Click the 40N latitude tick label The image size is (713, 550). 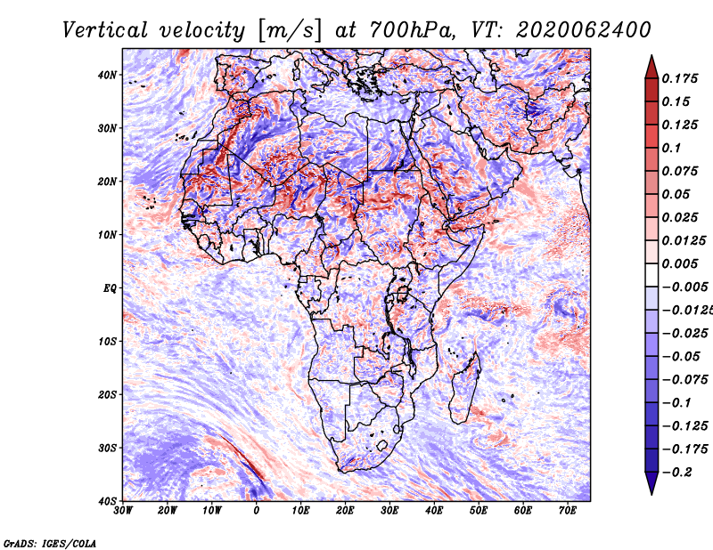tap(107, 75)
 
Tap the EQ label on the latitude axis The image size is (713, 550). tap(110, 288)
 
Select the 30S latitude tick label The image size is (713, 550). tap(107, 448)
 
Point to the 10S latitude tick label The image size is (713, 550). tap(107, 341)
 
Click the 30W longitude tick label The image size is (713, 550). tap(123, 511)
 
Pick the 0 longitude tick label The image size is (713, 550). tap(257, 511)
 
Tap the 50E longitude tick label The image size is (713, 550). tap(479, 511)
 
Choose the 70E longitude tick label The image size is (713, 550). tap(568, 511)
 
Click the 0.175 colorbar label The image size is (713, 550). tap(679, 78)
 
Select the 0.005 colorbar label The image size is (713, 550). tap(679, 263)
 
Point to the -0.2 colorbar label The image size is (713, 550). tap(677, 473)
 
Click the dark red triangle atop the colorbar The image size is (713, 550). tap(652, 68)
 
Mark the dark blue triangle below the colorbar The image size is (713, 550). tap(652, 483)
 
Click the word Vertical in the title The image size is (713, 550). tap(105, 30)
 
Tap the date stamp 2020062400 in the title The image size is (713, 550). tap(584, 30)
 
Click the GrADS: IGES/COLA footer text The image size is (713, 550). tap(50, 543)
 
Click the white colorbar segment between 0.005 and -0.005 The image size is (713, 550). tap(652, 275)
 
